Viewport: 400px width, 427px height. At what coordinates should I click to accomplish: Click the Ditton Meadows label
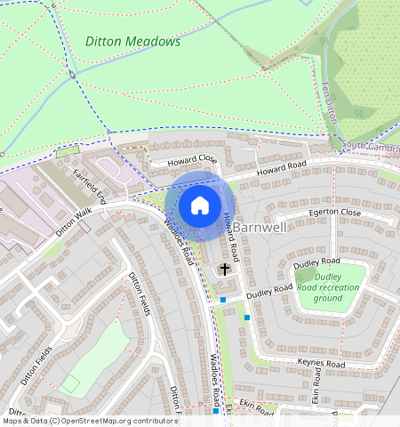coord(132,41)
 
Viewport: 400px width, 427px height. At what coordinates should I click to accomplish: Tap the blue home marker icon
coord(200,205)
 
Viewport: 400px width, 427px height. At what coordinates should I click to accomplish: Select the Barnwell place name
coord(260,228)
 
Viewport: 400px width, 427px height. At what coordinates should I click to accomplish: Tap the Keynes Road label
coord(322,365)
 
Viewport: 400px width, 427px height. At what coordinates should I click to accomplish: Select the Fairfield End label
coord(89,184)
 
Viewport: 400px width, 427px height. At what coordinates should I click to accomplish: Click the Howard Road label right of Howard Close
coord(282,166)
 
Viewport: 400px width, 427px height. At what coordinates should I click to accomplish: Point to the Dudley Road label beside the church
coord(269,291)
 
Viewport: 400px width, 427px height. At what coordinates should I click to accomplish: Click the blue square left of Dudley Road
coord(223,301)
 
